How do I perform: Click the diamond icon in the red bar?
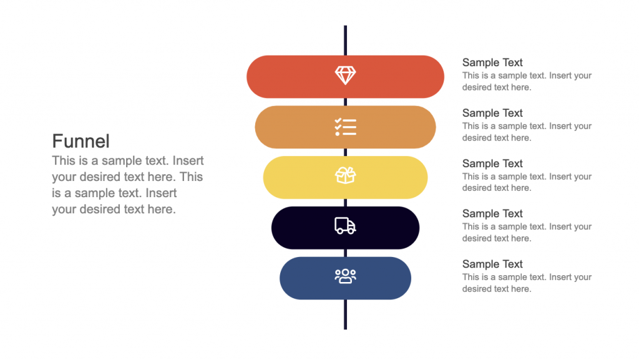click(345, 76)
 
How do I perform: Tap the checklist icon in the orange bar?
click(345, 127)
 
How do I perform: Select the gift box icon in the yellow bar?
click(345, 177)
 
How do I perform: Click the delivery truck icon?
click(345, 226)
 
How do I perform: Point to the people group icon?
click(345, 276)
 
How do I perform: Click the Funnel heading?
click(81, 141)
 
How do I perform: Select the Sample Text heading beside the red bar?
click(492, 62)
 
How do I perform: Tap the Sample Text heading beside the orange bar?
click(492, 113)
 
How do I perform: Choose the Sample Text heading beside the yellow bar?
click(492, 163)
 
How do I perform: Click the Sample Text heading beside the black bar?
click(492, 213)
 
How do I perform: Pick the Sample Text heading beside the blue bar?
click(492, 264)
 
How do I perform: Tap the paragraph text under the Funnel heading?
click(127, 185)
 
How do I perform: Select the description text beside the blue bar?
click(527, 283)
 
